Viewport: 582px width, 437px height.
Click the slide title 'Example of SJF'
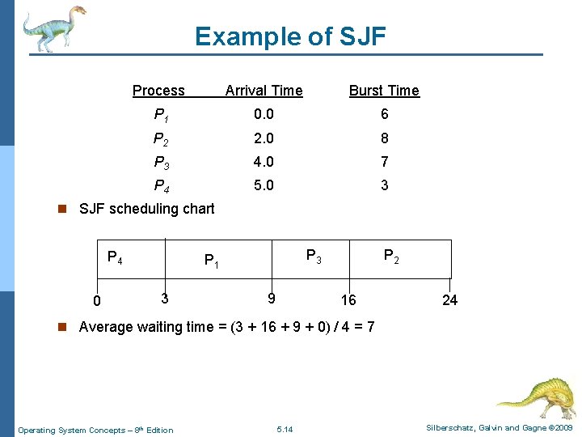pyautogui.click(x=290, y=36)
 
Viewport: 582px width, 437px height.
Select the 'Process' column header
pyautogui.click(x=158, y=91)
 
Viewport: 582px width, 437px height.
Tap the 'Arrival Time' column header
pyautogui.click(x=264, y=91)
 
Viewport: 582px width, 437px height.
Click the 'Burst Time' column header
pyautogui.click(x=384, y=91)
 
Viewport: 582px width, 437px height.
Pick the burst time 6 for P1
pyautogui.click(x=384, y=114)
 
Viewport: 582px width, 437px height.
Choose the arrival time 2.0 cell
pyautogui.click(x=264, y=138)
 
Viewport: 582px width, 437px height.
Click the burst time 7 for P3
pyautogui.click(x=384, y=161)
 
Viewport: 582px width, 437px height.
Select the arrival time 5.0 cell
pyautogui.click(x=264, y=185)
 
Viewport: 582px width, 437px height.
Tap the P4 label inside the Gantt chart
pyautogui.click(x=115, y=257)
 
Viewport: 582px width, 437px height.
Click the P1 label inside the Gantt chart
pyautogui.click(x=212, y=261)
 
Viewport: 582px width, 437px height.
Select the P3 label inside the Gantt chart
pyautogui.click(x=314, y=257)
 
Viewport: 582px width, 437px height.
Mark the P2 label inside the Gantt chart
pyautogui.click(x=390, y=257)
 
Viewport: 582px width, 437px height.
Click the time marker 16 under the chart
pyautogui.click(x=348, y=300)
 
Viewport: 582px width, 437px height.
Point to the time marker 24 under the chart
pyautogui.click(x=449, y=300)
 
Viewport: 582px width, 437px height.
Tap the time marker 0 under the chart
pyautogui.click(x=96, y=302)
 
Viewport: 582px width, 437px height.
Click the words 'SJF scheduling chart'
pyautogui.click(x=146, y=209)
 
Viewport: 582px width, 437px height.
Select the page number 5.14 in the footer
pyautogui.click(x=285, y=429)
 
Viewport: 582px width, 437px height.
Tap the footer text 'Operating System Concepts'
pyautogui.click(x=72, y=430)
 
